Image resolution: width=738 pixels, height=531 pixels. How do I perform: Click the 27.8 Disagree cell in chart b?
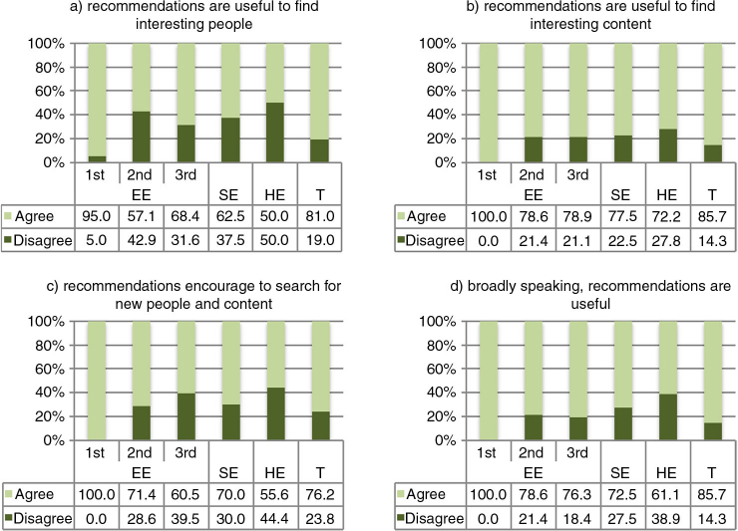tap(661, 239)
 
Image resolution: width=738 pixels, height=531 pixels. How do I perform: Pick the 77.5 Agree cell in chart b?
tap(616, 215)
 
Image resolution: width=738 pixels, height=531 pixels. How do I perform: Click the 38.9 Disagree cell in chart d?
tap(661, 517)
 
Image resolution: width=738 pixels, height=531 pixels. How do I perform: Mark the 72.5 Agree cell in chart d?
tap(616, 493)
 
